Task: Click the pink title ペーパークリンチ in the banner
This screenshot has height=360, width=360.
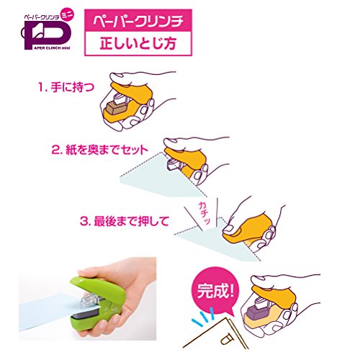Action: (x=138, y=22)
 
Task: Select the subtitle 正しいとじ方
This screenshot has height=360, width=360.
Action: (x=138, y=43)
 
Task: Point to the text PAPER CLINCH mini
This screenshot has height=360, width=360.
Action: (x=50, y=48)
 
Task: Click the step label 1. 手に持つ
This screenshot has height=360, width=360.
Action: (x=66, y=87)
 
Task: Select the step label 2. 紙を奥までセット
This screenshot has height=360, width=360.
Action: (x=100, y=150)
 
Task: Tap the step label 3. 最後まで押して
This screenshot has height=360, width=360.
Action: (x=125, y=221)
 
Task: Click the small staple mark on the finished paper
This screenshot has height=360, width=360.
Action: (x=226, y=340)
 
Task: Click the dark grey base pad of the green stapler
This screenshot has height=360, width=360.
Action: (x=86, y=314)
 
